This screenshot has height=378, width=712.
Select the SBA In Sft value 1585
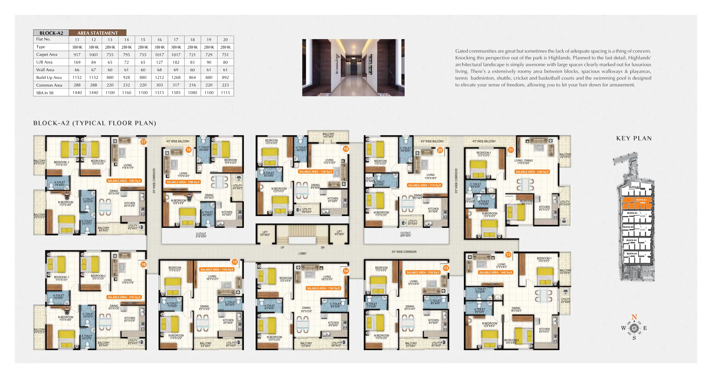pyautogui.click(x=176, y=93)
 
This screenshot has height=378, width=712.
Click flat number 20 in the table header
pyautogui.click(x=225, y=40)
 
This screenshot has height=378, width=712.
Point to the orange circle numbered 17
pyautogui.click(x=143, y=142)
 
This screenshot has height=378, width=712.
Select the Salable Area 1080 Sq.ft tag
pyautogui.click(x=183, y=182)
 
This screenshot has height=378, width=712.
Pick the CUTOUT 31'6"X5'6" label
pyautogui.click(x=201, y=235)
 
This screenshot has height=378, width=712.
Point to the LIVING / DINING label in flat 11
pyautogui.click(x=523, y=162)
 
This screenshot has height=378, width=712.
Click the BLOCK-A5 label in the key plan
pyautogui.click(x=631, y=240)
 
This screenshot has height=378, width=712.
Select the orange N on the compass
pyautogui.click(x=634, y=317)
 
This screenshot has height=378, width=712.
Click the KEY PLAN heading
pyautogui.click(x=634, y=138)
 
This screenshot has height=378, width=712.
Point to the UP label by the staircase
pyautogui.click(x=282, y=248)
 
